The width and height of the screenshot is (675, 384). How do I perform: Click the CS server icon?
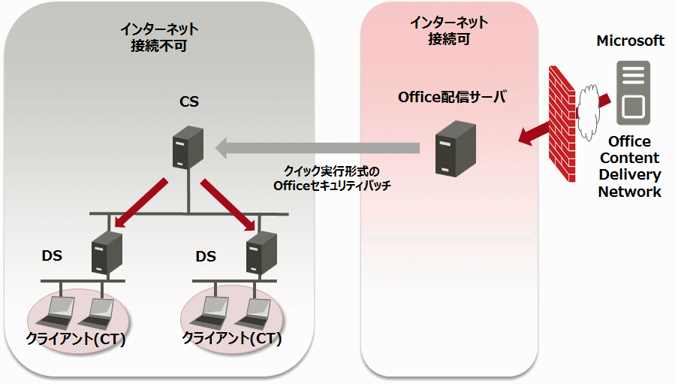pos(183,147)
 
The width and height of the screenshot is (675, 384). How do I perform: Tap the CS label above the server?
pos(189,101)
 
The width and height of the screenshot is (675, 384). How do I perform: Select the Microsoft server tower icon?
pos(631,93)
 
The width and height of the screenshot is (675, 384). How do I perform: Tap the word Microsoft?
pos(630,41)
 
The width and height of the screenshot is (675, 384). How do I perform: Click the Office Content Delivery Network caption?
pos(629,166)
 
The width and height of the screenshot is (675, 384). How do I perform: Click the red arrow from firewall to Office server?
pos(534,132)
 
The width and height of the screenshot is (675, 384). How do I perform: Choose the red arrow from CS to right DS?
pos(230,202)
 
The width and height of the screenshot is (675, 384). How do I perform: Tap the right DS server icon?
pos(262,252)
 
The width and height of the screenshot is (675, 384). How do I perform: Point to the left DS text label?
pos(52,257)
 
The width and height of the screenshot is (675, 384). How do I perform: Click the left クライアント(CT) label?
pos(75,338)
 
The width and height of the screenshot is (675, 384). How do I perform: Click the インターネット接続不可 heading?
pos(159,37)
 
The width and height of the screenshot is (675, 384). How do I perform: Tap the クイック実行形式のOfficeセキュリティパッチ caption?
pos(333,178)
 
